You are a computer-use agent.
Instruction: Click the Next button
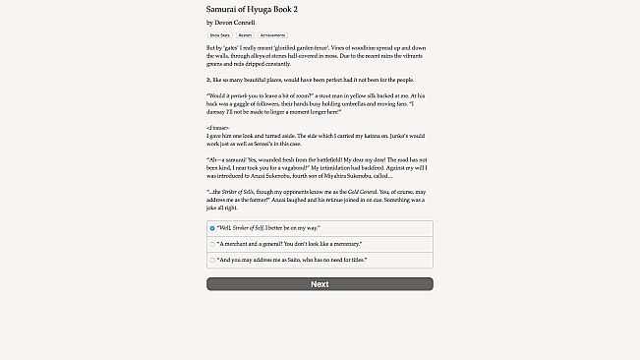pyautogui.click(x=320, y=284)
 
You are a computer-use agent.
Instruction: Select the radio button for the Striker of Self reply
pyautogui.click(x=212, y=228)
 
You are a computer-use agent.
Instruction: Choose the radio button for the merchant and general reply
pyautogui.click(x=212, y=244)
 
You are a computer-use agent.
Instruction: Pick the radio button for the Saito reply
pyautogui.click(x=212, y=260)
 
